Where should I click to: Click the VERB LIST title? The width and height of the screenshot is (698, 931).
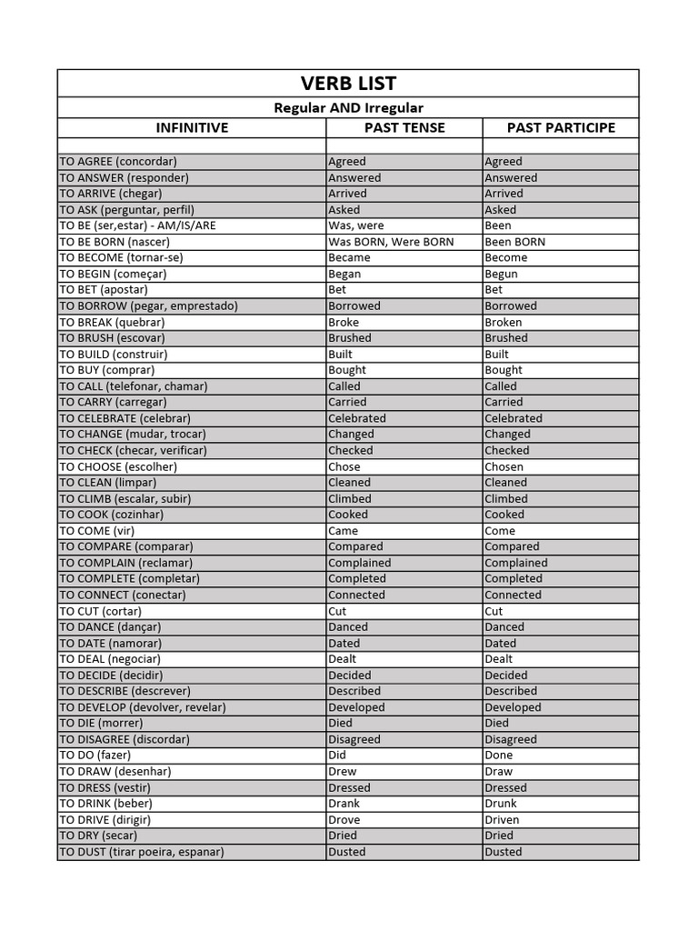pos(348,84)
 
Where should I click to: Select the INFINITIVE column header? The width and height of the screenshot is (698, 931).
pos(192,127)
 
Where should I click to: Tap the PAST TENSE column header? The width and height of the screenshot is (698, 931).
pos(404,127)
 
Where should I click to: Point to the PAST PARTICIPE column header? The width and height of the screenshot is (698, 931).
pos(561,127)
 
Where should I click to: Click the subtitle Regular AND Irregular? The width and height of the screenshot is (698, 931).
pos(348,107)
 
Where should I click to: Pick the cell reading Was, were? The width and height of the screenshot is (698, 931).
pos(356,225)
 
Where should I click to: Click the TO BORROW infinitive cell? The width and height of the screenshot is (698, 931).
pos(148,305)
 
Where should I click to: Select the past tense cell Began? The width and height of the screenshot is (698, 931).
pos(344,274)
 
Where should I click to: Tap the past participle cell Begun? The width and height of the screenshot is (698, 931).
pos(501,274)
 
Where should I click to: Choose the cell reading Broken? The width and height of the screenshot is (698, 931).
pos(504,322)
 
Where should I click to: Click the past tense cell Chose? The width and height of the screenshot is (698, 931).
pos(344,466)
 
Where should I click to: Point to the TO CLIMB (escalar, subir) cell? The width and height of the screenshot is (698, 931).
pos(125,498)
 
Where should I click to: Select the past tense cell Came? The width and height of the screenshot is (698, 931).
pos(344,531)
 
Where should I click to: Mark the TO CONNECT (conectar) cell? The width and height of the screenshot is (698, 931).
pos(123,595)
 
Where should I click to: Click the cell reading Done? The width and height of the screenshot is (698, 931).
pos(499,756)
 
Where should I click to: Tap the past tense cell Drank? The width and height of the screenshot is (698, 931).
pos(344,804)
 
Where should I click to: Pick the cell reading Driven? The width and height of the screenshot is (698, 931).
pos(503,819)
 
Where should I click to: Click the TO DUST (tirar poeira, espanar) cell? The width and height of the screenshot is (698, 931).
pos(142,852)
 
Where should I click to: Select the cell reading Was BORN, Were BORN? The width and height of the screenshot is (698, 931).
pos(391,242)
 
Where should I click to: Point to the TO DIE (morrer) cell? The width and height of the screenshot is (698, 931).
pos(102,723)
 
